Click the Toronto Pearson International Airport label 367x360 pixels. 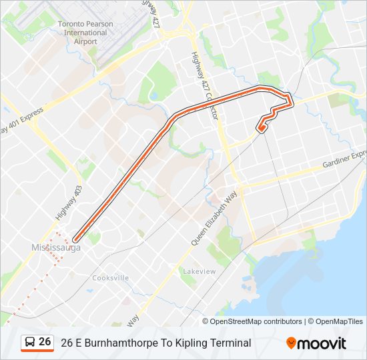tap(85, 32)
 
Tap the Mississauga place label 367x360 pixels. tap(55, 248)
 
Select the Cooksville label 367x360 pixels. tap(110, 278)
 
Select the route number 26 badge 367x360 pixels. tap(45, 342)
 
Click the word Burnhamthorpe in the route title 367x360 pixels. tap(116, 343)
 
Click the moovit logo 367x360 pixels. tap(316, 343)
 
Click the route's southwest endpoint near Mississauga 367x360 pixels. tap(75, 239)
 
